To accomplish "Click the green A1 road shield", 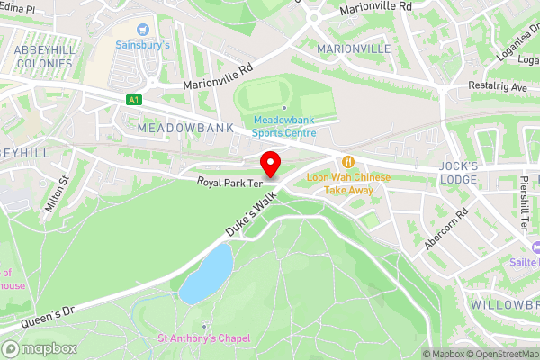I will coord(134,99).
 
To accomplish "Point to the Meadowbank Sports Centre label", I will coord(283,126).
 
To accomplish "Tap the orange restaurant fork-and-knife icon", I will coord(348,162).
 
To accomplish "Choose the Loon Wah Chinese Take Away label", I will coord(348,184).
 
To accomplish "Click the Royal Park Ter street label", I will coord(230,183).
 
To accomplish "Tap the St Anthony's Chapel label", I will coord(204,338).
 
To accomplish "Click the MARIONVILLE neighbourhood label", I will coord(354,48).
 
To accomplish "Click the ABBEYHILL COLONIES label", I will coord(45,57).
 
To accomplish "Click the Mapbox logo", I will coord(40,348).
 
